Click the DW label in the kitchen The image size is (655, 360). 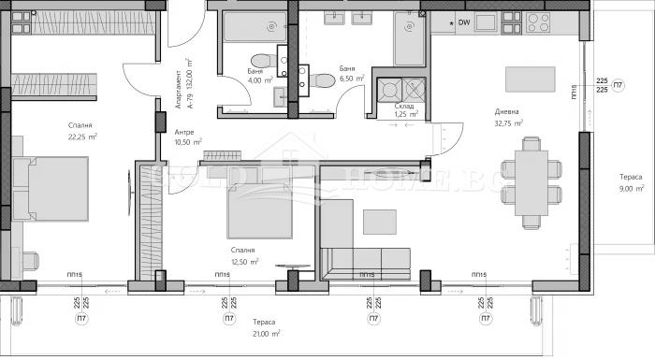click(464, 22)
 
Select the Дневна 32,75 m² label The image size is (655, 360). click(509, 118)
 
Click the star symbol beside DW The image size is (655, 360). click(451, 22)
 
